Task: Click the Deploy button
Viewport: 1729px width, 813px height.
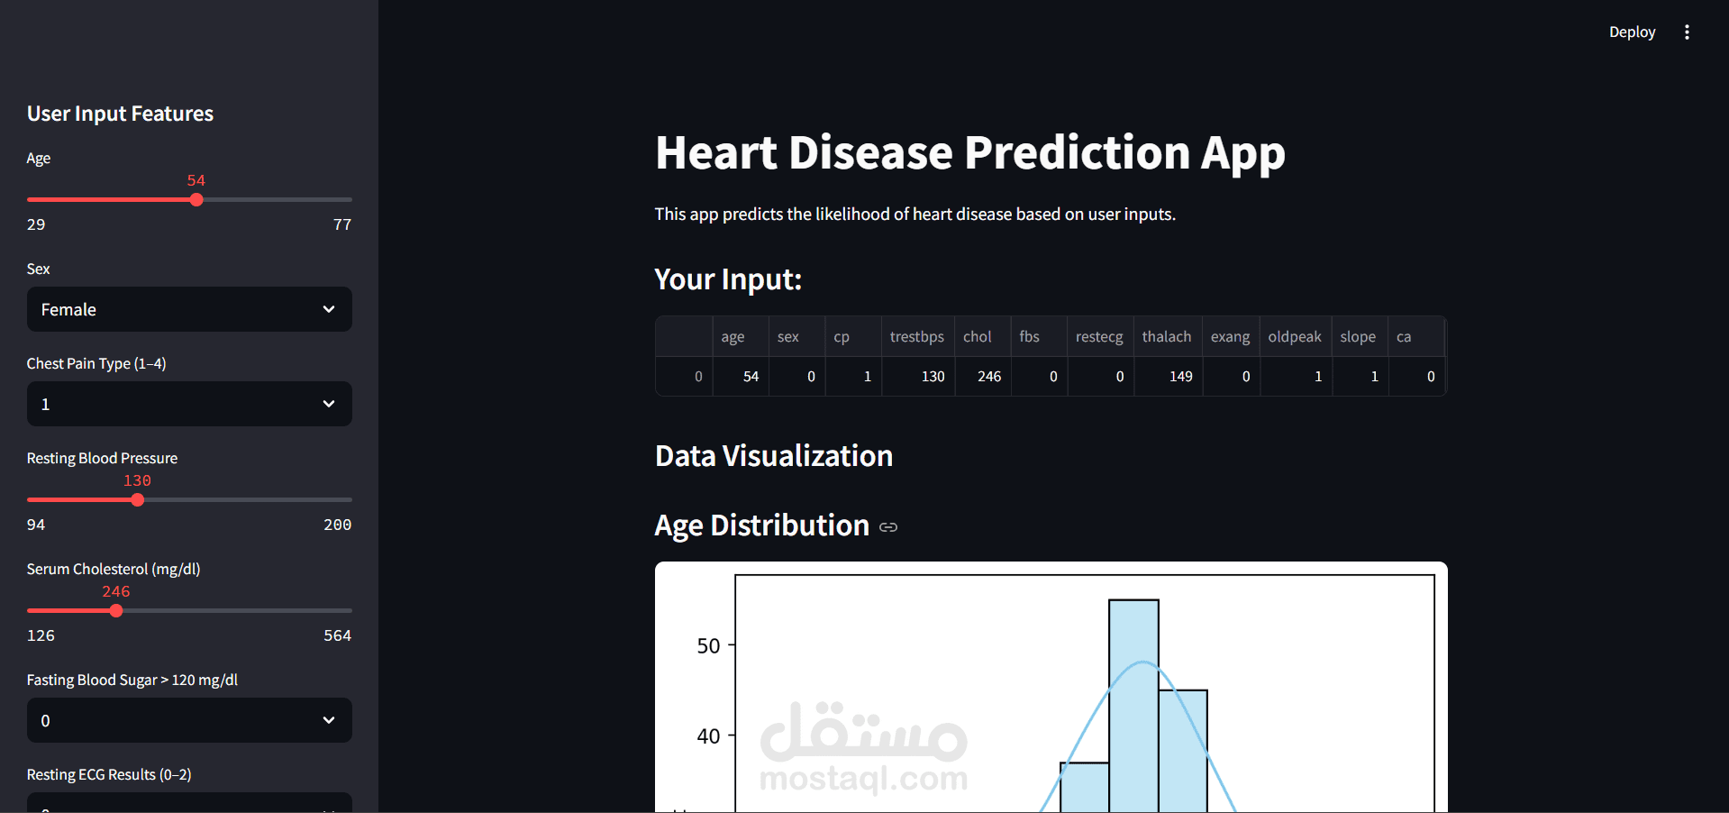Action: pos(1632,32)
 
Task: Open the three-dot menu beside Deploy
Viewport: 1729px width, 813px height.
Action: pos(1687,32)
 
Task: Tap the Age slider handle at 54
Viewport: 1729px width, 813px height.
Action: pos(196,199)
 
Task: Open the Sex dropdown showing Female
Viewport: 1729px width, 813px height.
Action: pos(189,309)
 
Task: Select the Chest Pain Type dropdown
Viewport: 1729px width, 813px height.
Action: pos(189,404)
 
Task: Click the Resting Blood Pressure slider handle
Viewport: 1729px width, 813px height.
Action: pos(137,499)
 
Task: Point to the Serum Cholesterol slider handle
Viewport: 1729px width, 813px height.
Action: pos(116,610)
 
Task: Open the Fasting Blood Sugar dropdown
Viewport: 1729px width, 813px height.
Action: pos(189,720)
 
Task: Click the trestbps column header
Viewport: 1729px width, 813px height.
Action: pos(916,337)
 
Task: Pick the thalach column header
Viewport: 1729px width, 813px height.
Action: pos(1166,337)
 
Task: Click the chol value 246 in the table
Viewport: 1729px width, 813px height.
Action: pos(988,377)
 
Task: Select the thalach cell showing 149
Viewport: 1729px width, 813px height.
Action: pos(1180,377)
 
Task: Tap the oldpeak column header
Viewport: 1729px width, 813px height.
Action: pos(1294,337)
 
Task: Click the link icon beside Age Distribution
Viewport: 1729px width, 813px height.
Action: pos(888,527)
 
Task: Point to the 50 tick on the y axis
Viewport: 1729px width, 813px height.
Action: pos(708,645)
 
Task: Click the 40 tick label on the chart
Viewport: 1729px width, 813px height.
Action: pos(708,736)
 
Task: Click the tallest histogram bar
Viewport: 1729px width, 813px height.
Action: pos(1133,703)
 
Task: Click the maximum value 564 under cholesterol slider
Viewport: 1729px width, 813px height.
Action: pos(337,635)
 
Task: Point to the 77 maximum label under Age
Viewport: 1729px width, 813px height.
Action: pos(341,224)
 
